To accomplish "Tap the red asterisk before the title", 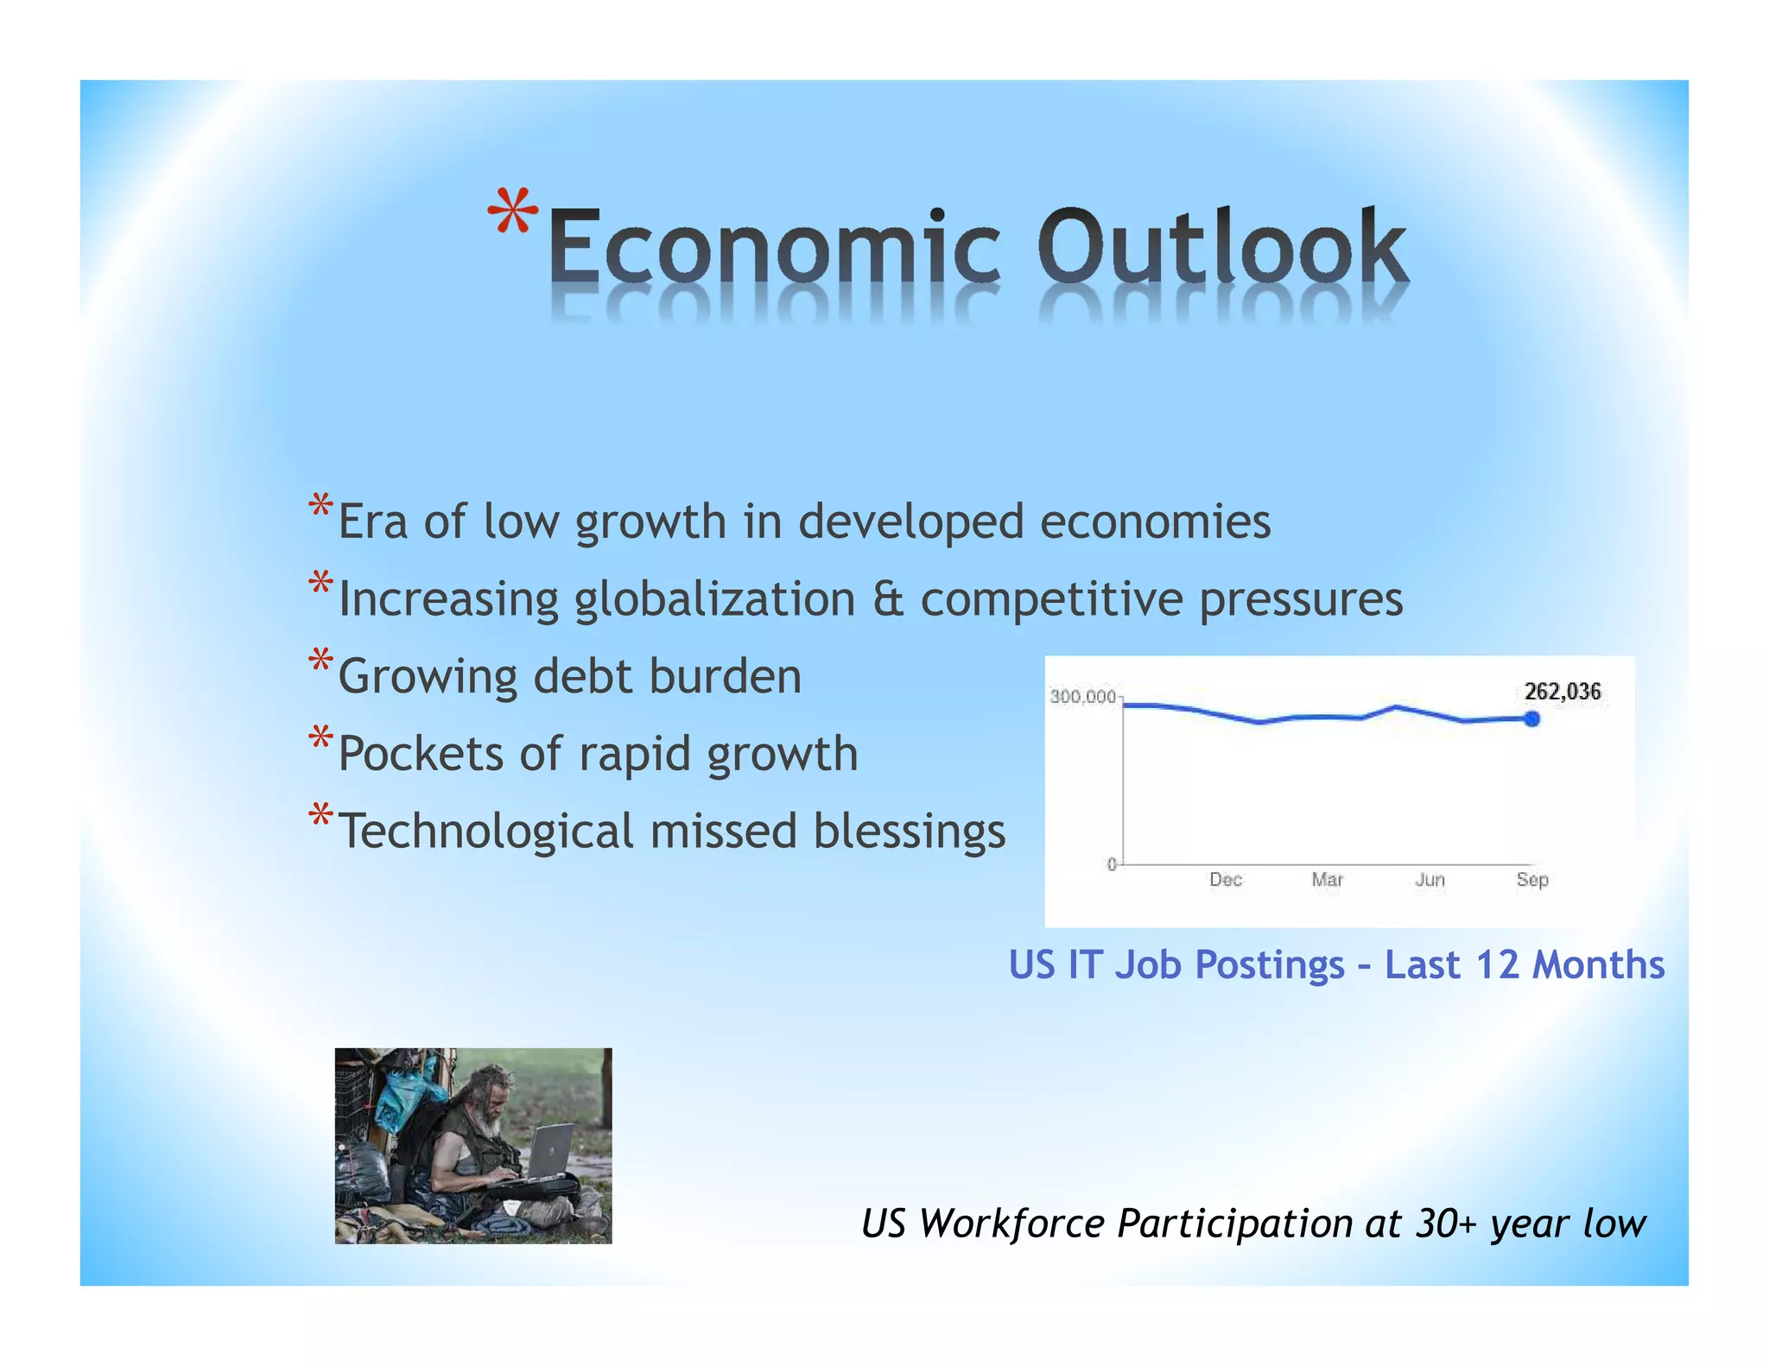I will point(513,212).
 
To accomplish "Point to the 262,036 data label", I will point(1562,692).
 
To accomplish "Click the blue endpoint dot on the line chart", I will point(1531,718).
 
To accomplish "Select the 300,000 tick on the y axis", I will point(1082,697).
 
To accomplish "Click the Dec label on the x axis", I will point(1225,880).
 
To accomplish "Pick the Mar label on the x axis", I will point(1327,880).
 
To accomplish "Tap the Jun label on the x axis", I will point(1430,880).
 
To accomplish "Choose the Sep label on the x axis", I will point(1531,880).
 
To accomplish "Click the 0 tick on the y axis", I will point(1112,864).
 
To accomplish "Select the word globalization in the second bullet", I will point(714,599).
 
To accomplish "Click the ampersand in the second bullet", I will point(888,599).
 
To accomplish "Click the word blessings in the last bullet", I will point(909,832).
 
